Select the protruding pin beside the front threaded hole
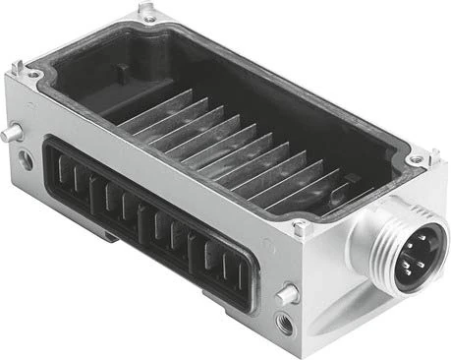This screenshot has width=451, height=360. click(288, 293)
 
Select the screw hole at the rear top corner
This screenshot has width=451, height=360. click(148, 19)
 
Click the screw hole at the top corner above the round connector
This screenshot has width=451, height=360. click(417, 158)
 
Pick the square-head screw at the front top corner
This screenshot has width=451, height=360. click(302, 229)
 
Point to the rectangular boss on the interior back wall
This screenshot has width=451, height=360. click(122, 80)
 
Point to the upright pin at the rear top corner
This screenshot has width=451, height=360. click(146, 9)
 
